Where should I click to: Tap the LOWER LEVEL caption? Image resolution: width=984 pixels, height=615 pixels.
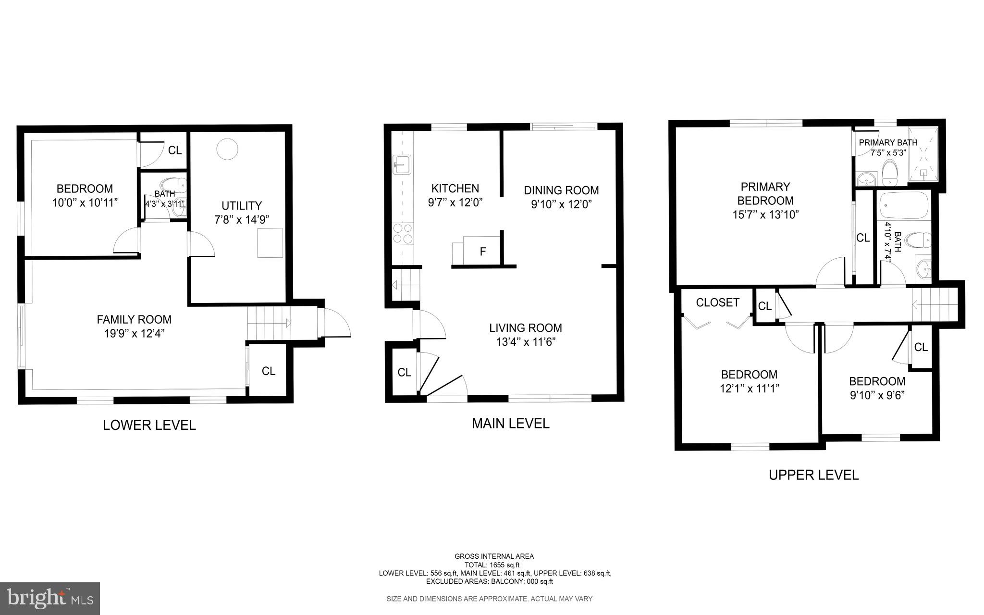pos(149,425)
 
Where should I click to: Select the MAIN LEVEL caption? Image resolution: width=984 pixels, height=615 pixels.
pos(510,423)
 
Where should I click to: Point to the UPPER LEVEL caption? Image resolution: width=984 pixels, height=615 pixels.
pos(813,475)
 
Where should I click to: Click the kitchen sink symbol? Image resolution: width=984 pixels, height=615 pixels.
pos(401,165)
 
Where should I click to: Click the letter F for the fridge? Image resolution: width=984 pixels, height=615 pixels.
pos(483,251)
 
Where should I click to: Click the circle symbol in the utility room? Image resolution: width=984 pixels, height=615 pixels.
pos(227,149)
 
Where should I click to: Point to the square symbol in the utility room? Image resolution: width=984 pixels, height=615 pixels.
pos(270,243)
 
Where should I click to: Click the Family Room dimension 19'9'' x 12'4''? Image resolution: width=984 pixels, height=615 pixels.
pos(134,333)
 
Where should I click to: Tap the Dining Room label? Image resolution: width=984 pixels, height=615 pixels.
pos(561,190)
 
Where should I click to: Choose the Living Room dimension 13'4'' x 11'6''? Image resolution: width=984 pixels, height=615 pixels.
pos(526,342)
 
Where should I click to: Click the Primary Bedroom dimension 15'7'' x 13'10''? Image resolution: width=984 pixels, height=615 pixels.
pos(765,214)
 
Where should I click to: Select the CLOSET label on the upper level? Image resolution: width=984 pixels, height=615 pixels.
pos(717,302)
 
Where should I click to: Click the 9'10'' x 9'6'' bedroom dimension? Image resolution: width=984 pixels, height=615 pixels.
pos(877,395)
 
